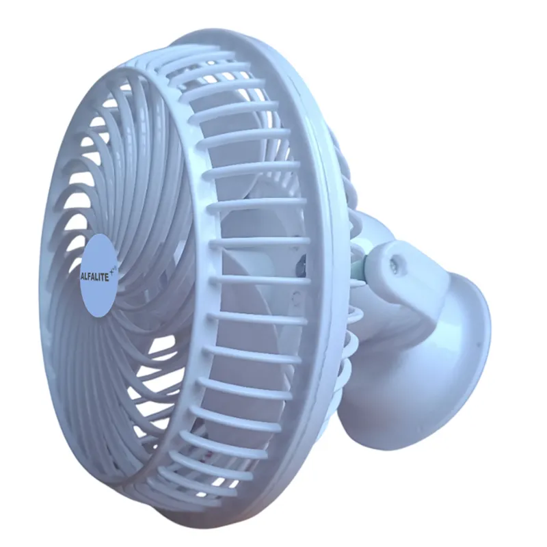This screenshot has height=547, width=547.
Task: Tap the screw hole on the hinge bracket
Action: [x=395, y=260]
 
